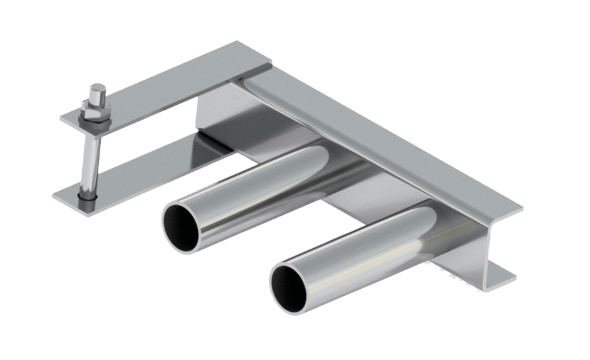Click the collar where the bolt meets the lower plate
pyautogui.click(x=85, y=195)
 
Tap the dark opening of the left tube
pyautogui.click(x=181, y=227)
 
